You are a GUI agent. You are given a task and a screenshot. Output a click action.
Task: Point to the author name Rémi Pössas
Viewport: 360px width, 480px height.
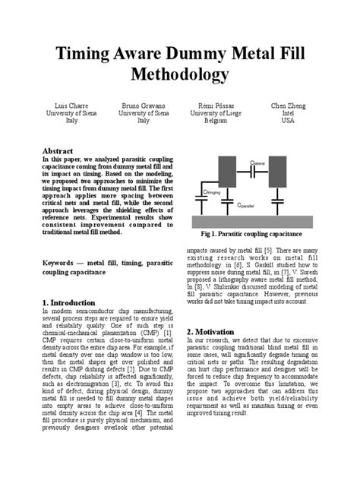point(214,106)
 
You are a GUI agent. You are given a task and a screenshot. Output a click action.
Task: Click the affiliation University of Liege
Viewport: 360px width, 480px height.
point(215,113)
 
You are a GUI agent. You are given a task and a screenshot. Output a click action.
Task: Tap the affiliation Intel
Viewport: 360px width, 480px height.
point(288,113)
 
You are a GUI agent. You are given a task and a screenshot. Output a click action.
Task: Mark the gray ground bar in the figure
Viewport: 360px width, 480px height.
point(258,220)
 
